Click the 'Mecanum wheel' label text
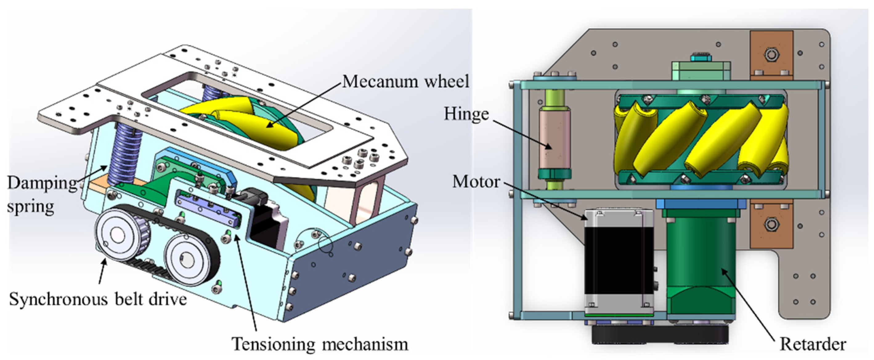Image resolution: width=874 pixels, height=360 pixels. click(405, 82)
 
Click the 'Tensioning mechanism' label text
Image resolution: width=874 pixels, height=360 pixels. click(319, 344)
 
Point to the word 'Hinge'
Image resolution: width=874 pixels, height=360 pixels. click(466, 114)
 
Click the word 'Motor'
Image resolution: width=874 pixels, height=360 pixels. click(476, 182)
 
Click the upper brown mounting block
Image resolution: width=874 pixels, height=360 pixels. click(771, 54)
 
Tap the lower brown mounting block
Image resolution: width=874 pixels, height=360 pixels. click(771, 224)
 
